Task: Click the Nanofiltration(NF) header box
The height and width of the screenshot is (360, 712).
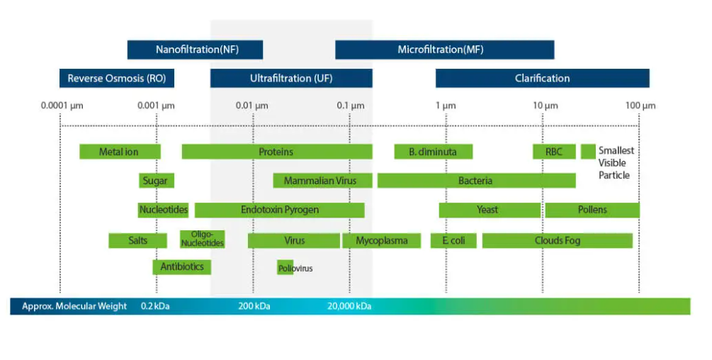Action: pyautogui.click(x=195, y=50)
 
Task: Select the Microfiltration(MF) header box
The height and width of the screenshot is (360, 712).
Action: pyautogui.click(x=444, y=50)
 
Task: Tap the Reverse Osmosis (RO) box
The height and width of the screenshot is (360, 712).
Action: pyautogui.click(x=117, y=78)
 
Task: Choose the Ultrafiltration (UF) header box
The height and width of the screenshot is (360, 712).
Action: pyautogui.click(x=291, y=78)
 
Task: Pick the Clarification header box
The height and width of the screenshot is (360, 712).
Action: pyautogui.click(x=542, y=78)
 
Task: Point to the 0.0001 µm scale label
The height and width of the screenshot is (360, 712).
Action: pyautogui.click(x=62, y=106)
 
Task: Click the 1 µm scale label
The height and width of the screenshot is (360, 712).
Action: pyautogui.click(x=446, y=106)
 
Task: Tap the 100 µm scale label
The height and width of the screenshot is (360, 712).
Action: pyautogui.click(x=640, y=106)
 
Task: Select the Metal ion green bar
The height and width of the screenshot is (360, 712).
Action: pyautogui.click(x=120, y=152)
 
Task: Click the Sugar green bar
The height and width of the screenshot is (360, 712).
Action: pyautogui.click(x=156, y=181)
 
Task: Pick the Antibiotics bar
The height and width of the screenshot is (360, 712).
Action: pyautogui.click(x=182, y=266)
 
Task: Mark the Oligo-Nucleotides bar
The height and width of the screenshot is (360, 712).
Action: pyautogui.click(x=203, y=239)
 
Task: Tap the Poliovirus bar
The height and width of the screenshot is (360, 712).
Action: pyautogui.click(x=286, y=268)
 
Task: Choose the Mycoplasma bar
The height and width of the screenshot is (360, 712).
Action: pyautogui.click(x=381, y=240)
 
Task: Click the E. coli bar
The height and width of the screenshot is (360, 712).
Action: pyautogui.click(x=453, y=240)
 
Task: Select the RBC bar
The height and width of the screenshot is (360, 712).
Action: pyautogui.click(x=554, y=152)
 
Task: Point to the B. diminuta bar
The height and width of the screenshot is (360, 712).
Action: pyautogui.click(x=433, y=152)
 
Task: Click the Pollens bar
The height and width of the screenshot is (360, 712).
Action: pyautogui.click(x=592, y=210)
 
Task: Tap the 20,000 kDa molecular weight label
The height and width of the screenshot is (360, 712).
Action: pyautogui.click(x=349, y=306)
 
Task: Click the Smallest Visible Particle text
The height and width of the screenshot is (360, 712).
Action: pyautogui.click(x=616, y=162)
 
